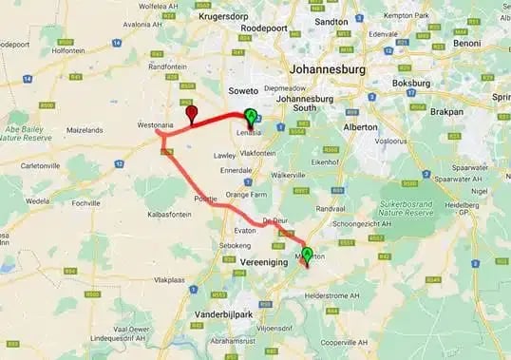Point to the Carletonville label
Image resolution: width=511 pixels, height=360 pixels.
[x=27, y=164]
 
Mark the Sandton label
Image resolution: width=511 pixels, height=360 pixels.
[x=331, y=21]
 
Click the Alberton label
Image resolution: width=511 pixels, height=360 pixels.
[x=359, y=126]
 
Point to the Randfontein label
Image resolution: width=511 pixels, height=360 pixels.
[x=167, y=66]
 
